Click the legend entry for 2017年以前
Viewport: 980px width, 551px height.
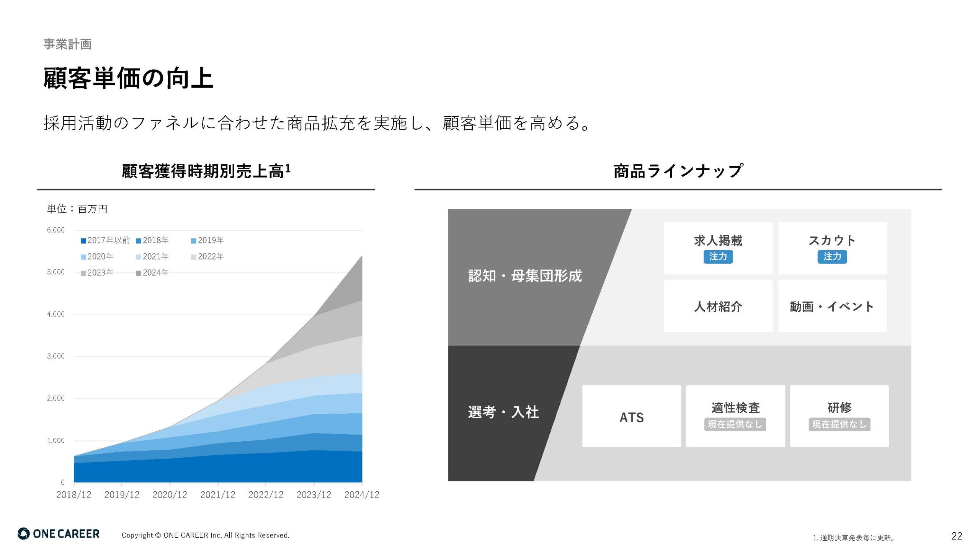coord(105,240)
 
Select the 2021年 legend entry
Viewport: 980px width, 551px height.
coord(152,256)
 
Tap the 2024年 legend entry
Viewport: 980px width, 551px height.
coord(152,273)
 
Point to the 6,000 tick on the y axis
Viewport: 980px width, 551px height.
coord(56,230)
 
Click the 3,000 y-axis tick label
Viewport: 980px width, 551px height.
coord(56,356)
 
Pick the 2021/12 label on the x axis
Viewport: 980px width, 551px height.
coord(218,495)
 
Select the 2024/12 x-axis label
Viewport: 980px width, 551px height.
coord(362,495)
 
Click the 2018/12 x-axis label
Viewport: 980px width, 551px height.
coord(74,495)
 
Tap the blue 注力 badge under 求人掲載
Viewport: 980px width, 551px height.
coord(718,256)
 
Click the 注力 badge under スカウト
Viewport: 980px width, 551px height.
coord(832,256)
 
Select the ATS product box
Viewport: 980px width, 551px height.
coord(632,416)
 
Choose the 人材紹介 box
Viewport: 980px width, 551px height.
coord(718,306)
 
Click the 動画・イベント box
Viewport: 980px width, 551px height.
coord(832,306)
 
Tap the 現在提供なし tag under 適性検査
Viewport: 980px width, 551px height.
coord(735,424)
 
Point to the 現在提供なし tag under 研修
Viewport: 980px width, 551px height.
coord(840,424)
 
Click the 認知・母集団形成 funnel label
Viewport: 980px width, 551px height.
coord(525,276)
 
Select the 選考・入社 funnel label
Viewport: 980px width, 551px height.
coord(503,412)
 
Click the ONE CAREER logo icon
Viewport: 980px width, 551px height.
coord(23,534)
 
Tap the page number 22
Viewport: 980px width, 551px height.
coord(957,536)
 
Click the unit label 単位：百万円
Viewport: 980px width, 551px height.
coord(77,209)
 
